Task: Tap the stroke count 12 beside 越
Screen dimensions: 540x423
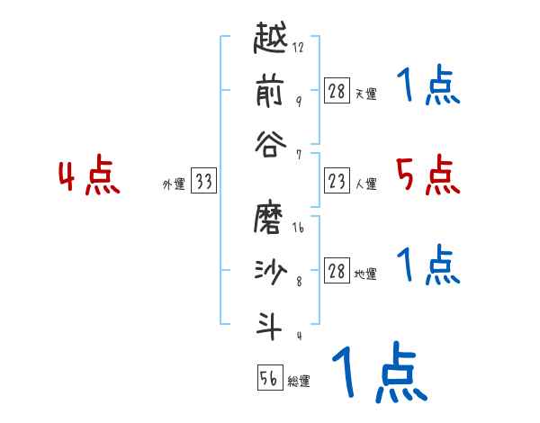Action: [x=298, y=48]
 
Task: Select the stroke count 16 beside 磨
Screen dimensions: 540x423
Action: [x=298, y=229]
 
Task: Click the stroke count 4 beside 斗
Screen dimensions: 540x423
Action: [x=298, y=335]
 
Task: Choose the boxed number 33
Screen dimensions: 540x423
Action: [x=203, y=182]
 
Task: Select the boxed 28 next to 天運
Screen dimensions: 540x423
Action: [x=337, y=92]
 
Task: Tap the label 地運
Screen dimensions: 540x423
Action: [x=366, y=274]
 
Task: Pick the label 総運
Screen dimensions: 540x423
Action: [x=299, y=382]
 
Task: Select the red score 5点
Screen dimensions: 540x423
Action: [x=427, y=175]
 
